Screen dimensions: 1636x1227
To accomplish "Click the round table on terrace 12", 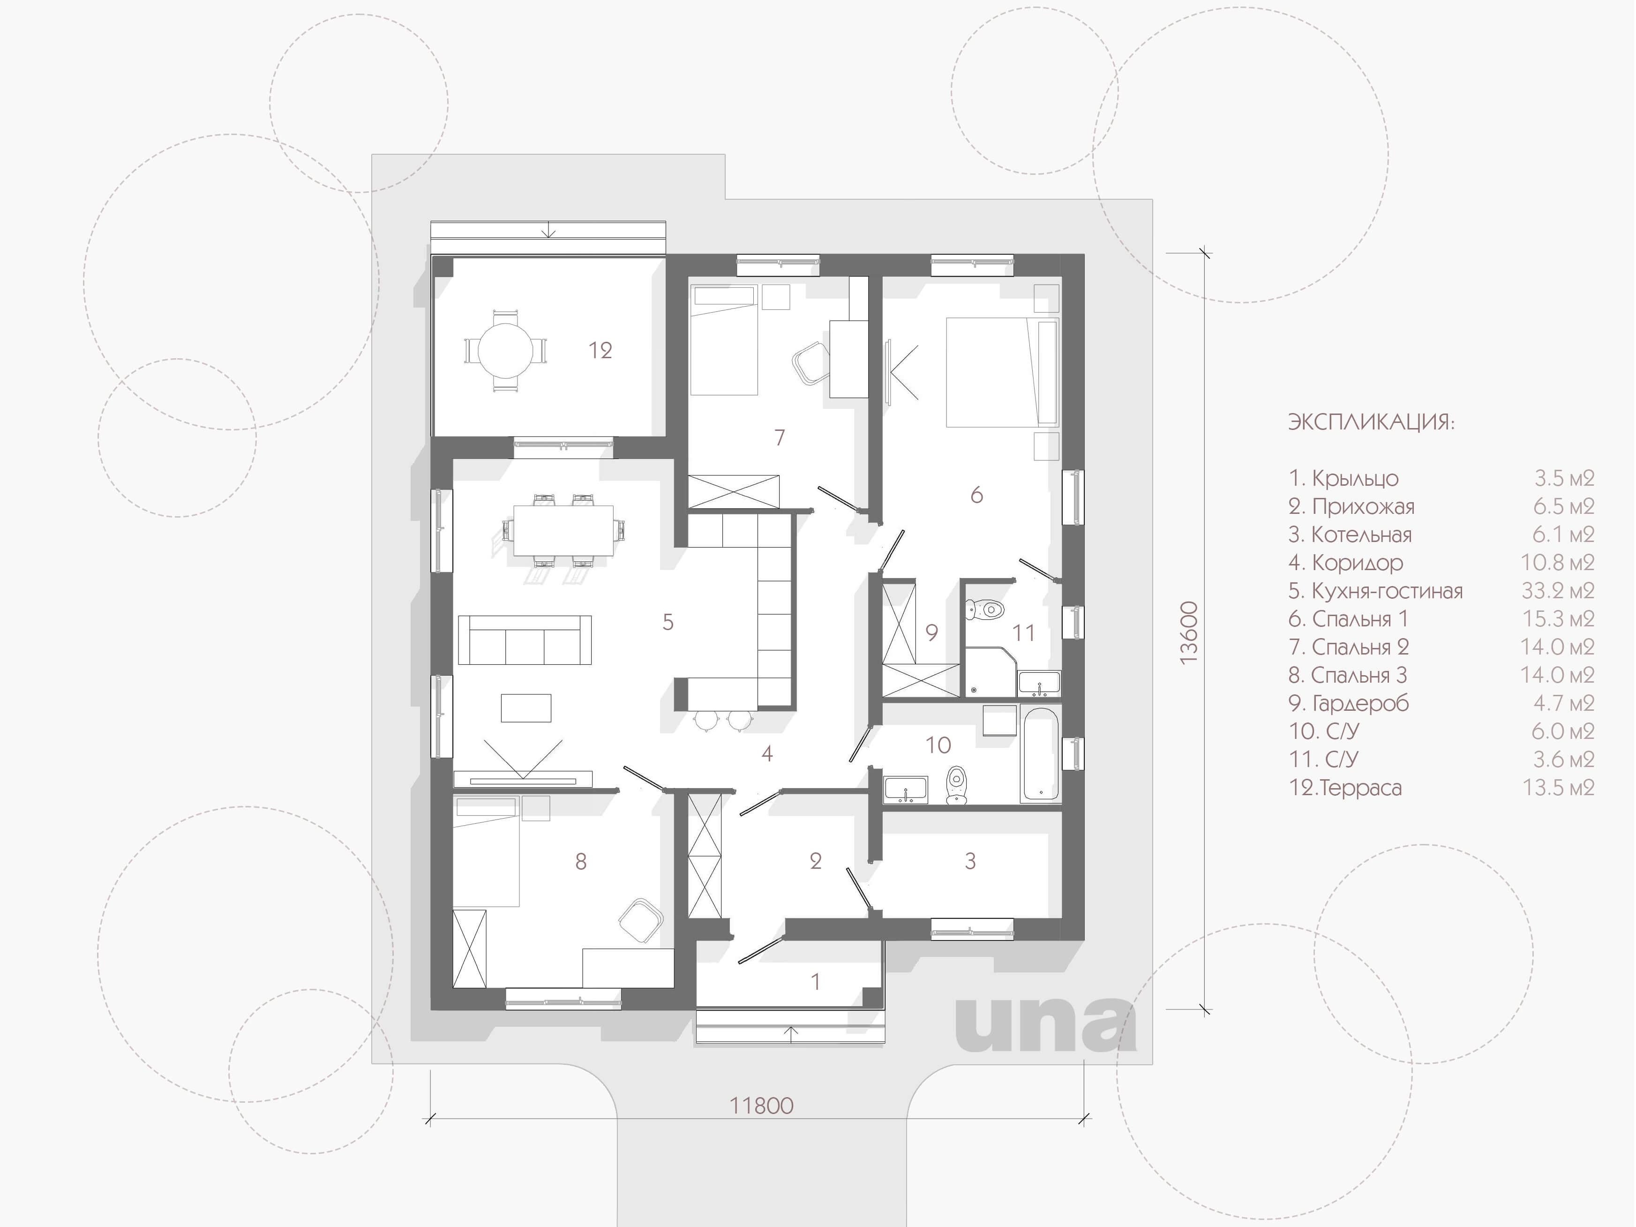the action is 505,351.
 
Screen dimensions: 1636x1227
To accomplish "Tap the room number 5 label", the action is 668,623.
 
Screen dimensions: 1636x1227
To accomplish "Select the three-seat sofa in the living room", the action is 525,640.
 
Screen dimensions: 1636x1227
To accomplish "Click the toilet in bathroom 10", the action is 956,785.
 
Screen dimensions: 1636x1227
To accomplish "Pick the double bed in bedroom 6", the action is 1003,372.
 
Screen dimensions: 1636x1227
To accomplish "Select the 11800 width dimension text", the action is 761,1106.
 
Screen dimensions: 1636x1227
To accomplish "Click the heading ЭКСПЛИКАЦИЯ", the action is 1371,422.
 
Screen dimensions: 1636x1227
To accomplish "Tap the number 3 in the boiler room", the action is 970,861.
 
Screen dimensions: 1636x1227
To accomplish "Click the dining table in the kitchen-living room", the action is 563,529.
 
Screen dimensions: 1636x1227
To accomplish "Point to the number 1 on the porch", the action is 815,982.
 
